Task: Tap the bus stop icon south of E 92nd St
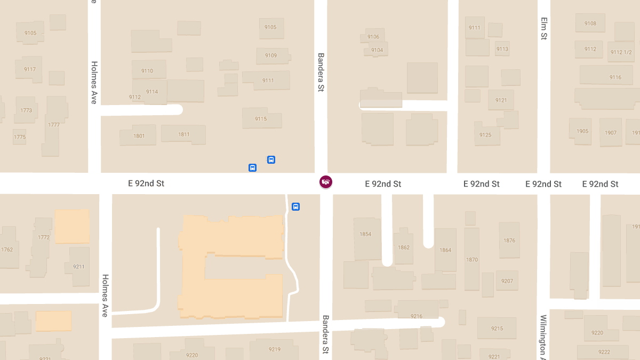tap(295, 206)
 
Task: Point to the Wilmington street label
tap(543, 335)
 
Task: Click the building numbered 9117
tap(30, 69)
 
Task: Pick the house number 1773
tap(26, 110)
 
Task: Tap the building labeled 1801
tap(139, 135)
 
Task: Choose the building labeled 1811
tap(183, 134)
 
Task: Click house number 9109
tap(271, 55)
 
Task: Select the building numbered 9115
tap(261, 118)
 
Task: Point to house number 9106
tap(373, 37)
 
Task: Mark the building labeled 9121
tap(501, 100)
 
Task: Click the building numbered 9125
tap(485, 135)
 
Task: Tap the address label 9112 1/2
tap(621, 52)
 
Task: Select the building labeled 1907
tap(611, 132)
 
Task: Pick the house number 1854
tap(365, 234)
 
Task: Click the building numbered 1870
tap(471, 260)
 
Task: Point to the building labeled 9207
tap(507, 281)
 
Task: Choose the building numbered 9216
tap(416, 316)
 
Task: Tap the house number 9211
tap(79, 266)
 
